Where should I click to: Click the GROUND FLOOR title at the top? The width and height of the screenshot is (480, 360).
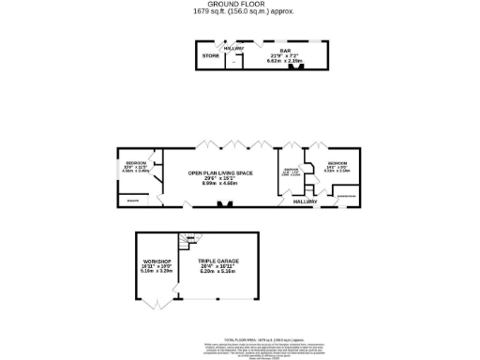point(239,5)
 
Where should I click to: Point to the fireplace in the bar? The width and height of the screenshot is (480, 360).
point(298,66)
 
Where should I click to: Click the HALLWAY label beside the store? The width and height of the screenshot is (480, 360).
point(234,48)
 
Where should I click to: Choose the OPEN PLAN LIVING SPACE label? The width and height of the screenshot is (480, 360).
point(221,173)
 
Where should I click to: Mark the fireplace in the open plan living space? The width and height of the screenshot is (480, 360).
point(221,203)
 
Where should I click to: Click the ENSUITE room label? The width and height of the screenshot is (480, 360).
point(133,201)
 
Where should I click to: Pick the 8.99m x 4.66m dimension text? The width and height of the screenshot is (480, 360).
point(221,184)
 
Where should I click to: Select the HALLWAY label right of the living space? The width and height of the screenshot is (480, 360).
point(305,202)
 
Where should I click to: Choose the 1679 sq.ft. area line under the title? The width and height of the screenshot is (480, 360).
point(239,12)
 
